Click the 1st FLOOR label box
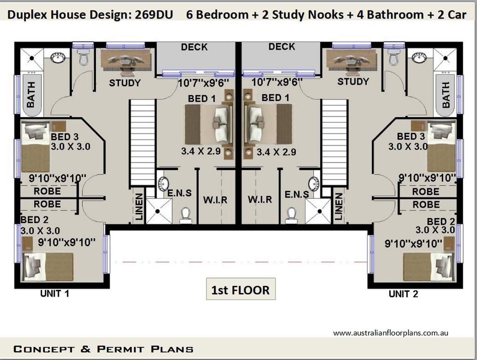241,289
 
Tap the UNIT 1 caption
54,294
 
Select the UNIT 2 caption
403,294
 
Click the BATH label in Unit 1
31,95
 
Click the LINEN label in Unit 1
139,206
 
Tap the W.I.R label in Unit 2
259,200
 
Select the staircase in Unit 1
142,142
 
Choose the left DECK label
194,47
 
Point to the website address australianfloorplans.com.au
391,333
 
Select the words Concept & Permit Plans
103,349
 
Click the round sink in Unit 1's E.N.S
164,183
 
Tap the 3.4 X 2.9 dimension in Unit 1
201,151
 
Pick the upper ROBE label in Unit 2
426,192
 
